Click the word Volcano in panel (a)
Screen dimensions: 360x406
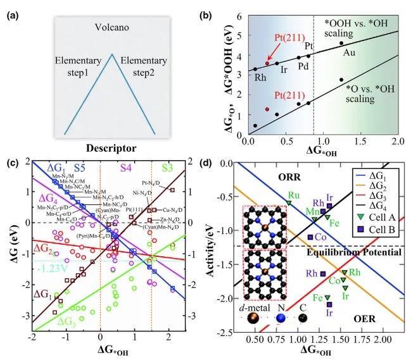111,27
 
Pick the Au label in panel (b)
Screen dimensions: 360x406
350,53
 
